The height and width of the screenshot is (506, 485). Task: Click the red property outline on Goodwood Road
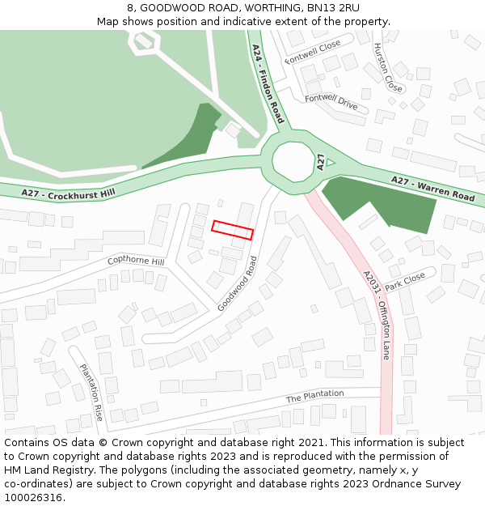(233, 230)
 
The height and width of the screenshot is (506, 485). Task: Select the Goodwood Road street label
(238, 283)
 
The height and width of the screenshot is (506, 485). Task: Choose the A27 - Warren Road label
(432, 189)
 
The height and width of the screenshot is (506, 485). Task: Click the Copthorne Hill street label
(136, 262)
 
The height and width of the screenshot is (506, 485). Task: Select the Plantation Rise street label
(91, 392)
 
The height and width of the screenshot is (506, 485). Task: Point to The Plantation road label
(314, 397)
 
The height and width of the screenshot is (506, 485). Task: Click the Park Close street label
(405, 281)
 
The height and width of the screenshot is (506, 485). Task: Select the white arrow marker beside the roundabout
(330, 163)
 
